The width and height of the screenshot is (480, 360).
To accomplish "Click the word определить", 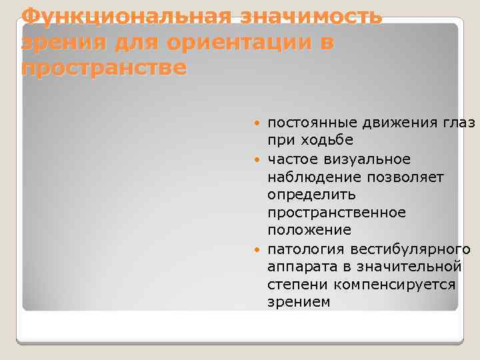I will [x=311, y=195].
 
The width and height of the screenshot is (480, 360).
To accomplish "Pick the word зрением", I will [x=299, y=303].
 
